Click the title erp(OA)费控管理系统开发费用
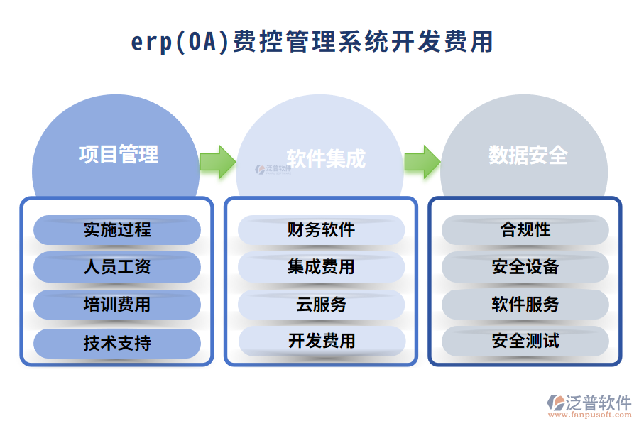click(x=312, y=42)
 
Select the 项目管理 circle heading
click(x=118, y=154)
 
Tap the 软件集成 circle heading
click(x=326, y=158)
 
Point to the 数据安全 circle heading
click(x=528, y=155)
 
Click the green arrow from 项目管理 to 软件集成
click(x=217, y=162)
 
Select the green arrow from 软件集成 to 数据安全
click(x=422, y=162)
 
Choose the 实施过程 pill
click(x=117, y=230)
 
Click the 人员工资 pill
click(x=117, y=268)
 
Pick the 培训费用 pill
click(x=117, y=305)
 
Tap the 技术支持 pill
click(x=117, y=343)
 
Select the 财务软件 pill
click(x=321, y=230)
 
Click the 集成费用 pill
click(x=321, y=268)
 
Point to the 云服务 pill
click(x=321, y=305)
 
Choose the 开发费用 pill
click(x=321, y=342)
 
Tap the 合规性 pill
click(x=525, y=230)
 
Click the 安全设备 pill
click(x=525, y=268)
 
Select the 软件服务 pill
click(x=525, y=305)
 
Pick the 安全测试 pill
click(x=525, y=342)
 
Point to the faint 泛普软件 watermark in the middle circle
click(x=273, y=170)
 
